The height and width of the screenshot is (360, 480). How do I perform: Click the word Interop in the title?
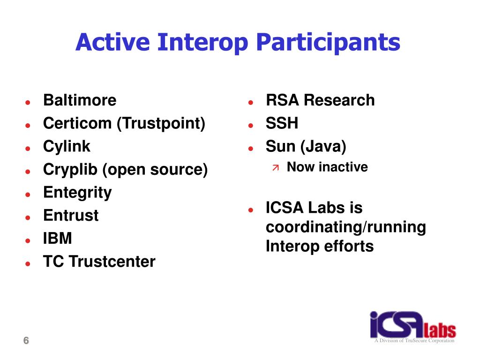pos(202,43)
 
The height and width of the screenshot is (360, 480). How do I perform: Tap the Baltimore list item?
pos(80,100)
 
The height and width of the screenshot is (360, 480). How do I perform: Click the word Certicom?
pos(77,123)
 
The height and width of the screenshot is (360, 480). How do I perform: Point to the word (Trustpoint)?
pos(161,124)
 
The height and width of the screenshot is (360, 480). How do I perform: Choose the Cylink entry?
pos(67,146)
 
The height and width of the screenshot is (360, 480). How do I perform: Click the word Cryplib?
pos(70,170)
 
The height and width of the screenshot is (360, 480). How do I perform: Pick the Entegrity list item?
pos(77,193)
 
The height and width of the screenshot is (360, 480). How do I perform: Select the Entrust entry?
pos(71,215)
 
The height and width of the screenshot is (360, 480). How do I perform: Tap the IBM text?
pos(58,238)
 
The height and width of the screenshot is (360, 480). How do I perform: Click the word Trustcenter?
pos(112,262)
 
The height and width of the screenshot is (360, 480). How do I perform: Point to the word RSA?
pos(282,100)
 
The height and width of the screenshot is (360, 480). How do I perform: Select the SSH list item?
pos(282,123)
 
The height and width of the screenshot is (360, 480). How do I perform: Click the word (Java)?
pos(323,147)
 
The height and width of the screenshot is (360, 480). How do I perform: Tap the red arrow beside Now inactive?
pos(276,167)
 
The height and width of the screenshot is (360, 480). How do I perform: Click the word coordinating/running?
pos(346,227)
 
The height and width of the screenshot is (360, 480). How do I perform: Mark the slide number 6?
pos(26,340)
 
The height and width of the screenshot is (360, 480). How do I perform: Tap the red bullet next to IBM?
pos(28,240)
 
